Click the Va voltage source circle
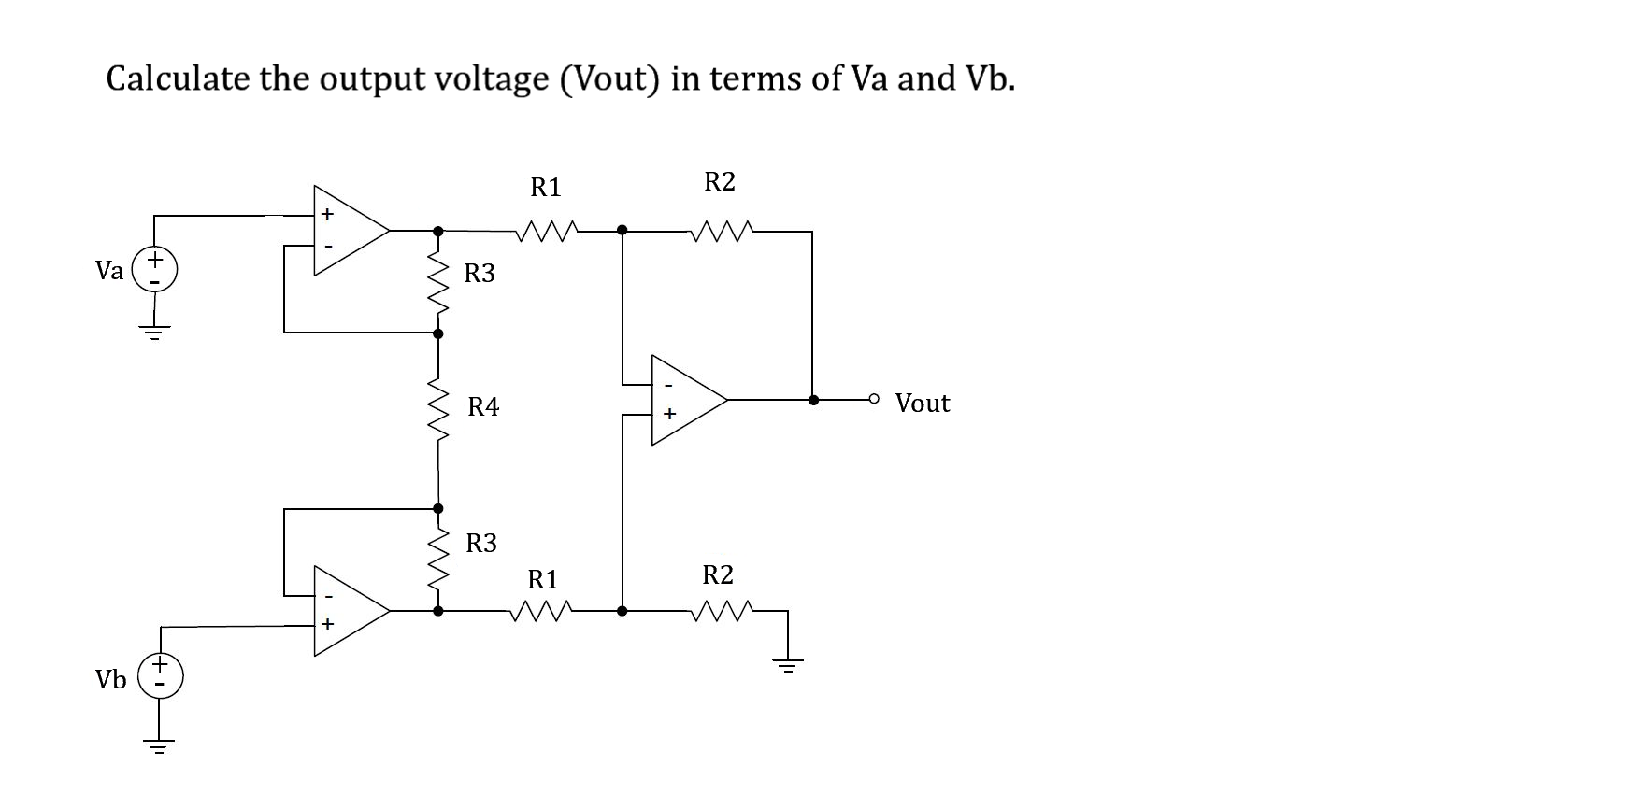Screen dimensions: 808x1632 [155, 269]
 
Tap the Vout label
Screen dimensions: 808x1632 [922, 403]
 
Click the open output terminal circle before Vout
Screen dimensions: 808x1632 [874, 399]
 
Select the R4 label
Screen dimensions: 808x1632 [483, 406]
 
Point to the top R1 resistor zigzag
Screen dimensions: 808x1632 [547, 230]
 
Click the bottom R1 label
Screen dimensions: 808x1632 [543, 580]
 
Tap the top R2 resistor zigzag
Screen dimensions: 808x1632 [721, 230]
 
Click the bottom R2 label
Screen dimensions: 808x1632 [718, 574]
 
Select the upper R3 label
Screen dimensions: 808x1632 [480, 274]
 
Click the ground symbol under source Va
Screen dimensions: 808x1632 [155, 332]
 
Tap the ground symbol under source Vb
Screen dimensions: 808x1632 [159, 746]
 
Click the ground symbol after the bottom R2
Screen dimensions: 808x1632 [787, 666]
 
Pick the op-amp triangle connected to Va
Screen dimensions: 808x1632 [346, 230]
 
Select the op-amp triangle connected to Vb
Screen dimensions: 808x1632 [346, 610]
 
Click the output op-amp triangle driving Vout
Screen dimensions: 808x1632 [684, 400]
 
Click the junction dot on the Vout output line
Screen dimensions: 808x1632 [813, 400]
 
